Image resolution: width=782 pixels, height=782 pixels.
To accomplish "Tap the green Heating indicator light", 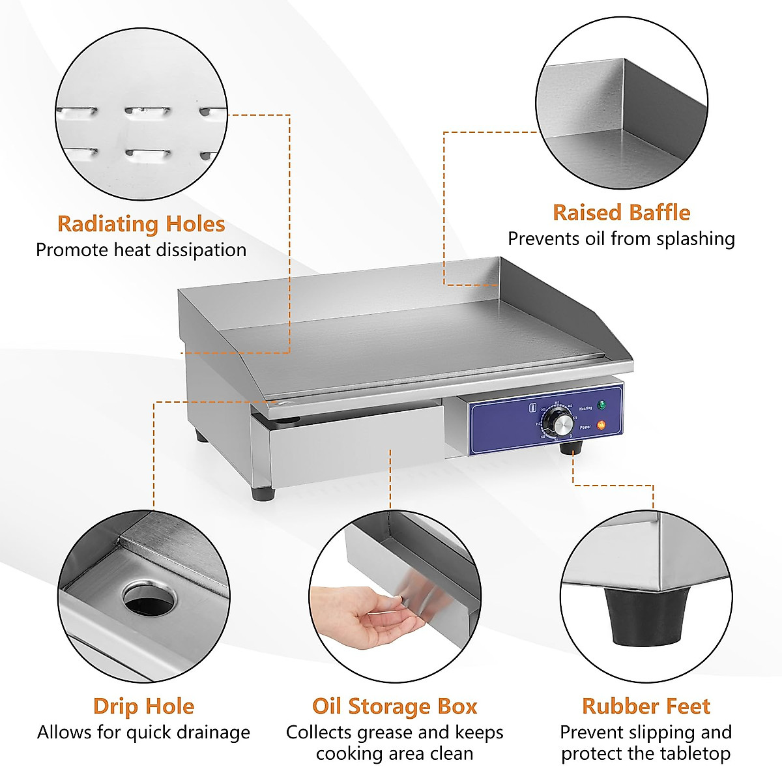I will (x=601, y=405).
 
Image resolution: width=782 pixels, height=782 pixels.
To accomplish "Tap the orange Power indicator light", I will (x=601, y=426).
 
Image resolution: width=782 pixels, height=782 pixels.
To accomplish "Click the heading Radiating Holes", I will (x=141, y=224).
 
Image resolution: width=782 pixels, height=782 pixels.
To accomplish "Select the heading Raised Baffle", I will (x=621, y=212).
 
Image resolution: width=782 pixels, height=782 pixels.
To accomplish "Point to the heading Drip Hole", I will (x=143, y=706).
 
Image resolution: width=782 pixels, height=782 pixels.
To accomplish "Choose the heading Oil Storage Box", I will (x=394, y=706).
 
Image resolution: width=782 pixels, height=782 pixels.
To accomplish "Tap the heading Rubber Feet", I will (x=646, y=706).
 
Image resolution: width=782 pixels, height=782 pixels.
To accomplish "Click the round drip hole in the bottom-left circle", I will (x=149, y=600).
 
